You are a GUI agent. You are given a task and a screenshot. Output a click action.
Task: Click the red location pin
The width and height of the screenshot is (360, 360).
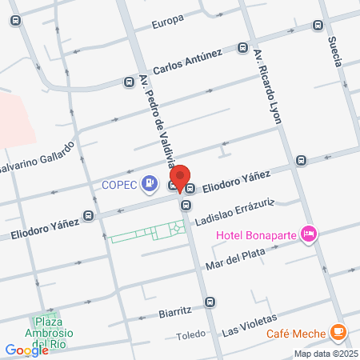click(x=181, y=178)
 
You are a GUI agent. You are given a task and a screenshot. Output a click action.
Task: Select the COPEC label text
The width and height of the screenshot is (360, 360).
click(x=119, y=185)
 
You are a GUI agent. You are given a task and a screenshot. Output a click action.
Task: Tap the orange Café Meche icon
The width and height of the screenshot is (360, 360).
click(x=338, y=330)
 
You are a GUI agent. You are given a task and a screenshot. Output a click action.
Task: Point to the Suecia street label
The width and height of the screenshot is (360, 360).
click(x=334, y=50)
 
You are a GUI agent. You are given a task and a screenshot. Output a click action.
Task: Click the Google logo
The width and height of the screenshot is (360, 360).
click(x=26, y=350)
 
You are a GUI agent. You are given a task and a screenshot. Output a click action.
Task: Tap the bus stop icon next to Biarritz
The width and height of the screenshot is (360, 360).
click(x=210, y=302)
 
